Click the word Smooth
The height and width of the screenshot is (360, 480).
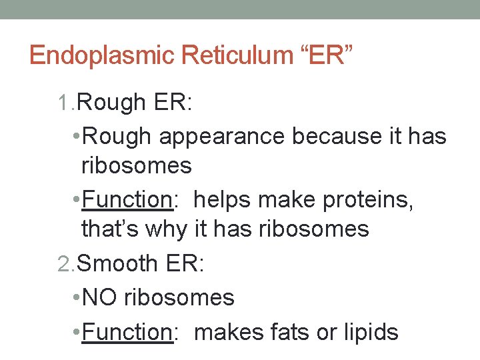pos(117,263)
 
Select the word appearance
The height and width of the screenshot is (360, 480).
pos(223,137)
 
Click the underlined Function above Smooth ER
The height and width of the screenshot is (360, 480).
pos(127,200)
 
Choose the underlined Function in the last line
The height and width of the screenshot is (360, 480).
pos(127,332)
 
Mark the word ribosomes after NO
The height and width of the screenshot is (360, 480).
pos(179,297)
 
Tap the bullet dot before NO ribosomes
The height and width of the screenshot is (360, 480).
pos(76,297)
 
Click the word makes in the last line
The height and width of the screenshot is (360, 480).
pos(227,331)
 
